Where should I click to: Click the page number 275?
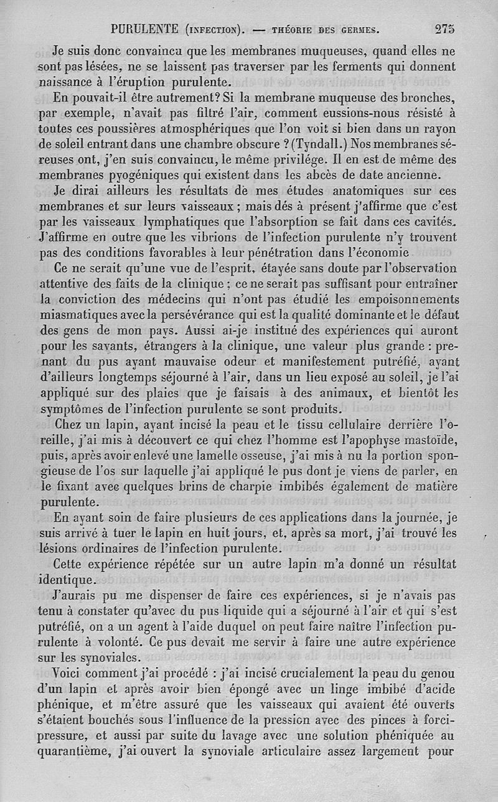tap(445, 28)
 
